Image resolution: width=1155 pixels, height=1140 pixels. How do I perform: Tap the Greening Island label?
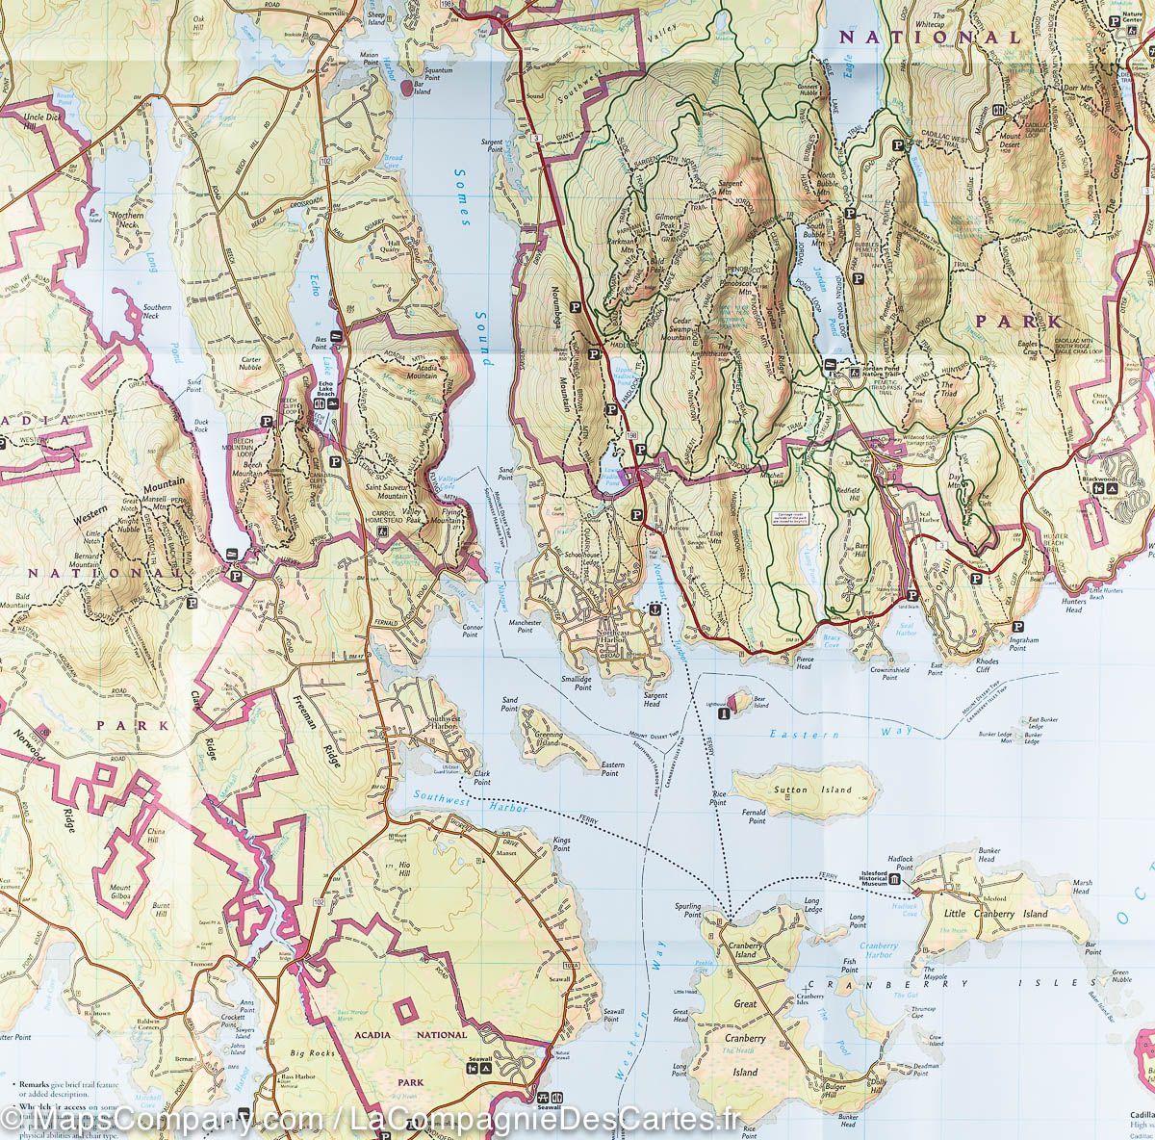point(549,742)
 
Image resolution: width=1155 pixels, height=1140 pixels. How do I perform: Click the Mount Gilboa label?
point(119,892)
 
